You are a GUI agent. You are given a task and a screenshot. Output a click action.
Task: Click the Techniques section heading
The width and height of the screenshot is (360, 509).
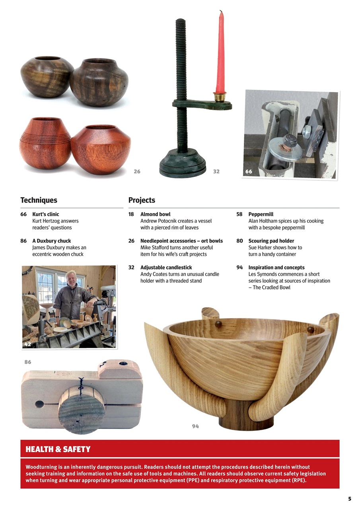click(39, 200)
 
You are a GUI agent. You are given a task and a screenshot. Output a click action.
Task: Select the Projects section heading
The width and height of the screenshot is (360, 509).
click(142, 200)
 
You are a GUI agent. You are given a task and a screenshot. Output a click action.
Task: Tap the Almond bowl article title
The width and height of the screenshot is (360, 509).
click(155, 214)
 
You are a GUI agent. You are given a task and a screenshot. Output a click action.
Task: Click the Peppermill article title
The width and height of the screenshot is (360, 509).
click(261, 214)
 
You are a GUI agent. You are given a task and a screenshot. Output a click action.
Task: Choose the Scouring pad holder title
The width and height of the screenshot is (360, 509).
click(271, 241)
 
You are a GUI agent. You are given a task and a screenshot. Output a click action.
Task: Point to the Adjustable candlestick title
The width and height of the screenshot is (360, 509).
click(166, 268)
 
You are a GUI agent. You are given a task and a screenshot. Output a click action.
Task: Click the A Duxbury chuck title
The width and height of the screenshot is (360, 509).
click(51, 241)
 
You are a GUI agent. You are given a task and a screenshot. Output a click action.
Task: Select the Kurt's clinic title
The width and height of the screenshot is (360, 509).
click(45, 214)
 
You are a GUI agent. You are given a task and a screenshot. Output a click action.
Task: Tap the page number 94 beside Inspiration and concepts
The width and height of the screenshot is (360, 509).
click(239, 268)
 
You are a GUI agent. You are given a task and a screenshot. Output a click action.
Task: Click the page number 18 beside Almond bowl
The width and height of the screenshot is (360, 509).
click(131, 214)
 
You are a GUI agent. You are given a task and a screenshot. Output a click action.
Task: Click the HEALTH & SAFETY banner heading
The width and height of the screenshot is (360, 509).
click(58, 449)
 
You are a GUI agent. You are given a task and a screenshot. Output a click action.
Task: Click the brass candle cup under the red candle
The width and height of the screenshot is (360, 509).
click(219, 97)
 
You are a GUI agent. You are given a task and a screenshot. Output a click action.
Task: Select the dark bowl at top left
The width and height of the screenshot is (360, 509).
click(47, 76)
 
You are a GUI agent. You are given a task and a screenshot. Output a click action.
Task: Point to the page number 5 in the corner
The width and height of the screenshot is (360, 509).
click(349, 499)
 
